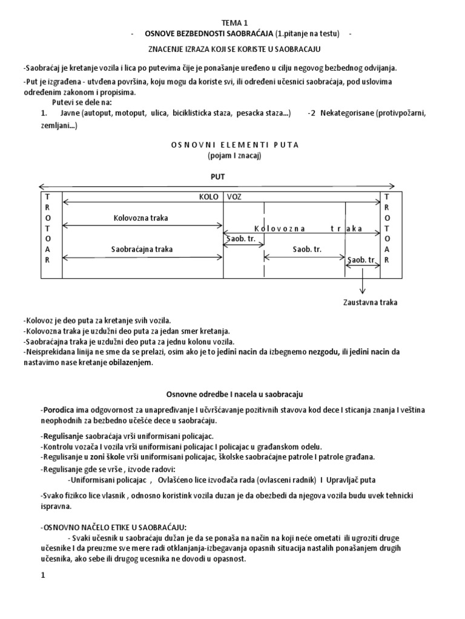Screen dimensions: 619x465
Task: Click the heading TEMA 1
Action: [231, 22]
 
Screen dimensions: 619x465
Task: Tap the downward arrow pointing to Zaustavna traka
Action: [362, 280]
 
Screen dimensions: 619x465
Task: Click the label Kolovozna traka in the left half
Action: [140, 217]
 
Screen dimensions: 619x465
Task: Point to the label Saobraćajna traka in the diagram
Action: [142, 248]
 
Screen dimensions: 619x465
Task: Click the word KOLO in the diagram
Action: [209, 197]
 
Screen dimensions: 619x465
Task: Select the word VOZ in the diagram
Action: [235, 197]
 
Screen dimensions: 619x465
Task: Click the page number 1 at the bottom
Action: [43, 575]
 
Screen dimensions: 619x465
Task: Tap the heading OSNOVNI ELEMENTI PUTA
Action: [232, 145]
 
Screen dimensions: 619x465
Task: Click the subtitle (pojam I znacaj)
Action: [232, 155]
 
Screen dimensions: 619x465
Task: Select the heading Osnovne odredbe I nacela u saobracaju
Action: [234, 394]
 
